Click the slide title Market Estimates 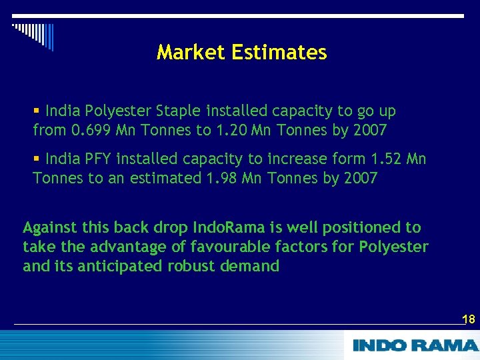(241, 53)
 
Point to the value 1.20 (231, 130)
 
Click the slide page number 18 (469, 319)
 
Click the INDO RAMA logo (415, 345)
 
